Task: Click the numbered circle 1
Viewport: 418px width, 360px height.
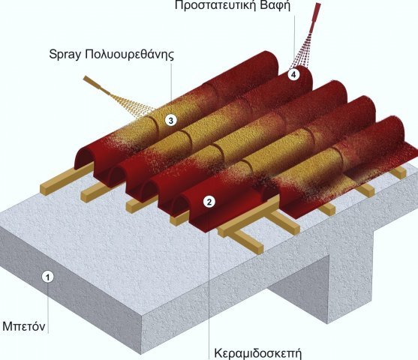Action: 48,277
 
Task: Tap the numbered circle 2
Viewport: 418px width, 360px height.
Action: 209,202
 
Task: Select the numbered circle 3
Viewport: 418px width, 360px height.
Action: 171,120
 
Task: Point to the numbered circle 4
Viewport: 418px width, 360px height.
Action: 293,74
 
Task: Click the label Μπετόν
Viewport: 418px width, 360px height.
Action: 24,326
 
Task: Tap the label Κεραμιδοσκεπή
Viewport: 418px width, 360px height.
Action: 258,353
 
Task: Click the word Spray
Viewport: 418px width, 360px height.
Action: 65,55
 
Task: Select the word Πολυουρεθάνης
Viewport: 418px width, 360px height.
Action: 129,55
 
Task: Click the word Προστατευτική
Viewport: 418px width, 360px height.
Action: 215,5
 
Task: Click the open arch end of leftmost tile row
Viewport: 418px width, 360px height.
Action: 85,158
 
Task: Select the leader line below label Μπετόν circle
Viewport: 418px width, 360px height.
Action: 48,308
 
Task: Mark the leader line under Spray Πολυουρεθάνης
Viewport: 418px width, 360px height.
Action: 171,82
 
